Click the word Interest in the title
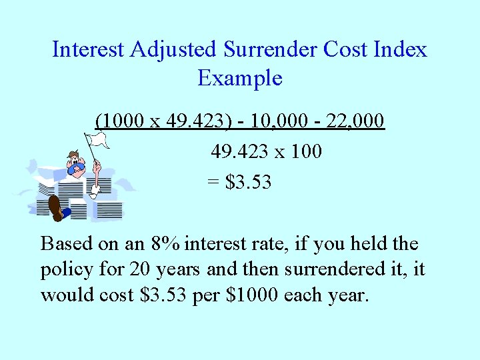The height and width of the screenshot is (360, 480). pyautogui.click(x=89, y=49)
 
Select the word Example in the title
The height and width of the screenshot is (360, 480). pyautogui.click(x=240, y=78)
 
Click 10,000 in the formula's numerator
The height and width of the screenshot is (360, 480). pyautogui.click(x=272, y=121)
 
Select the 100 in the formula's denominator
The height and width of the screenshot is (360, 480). pyautogui.click(x=307, y=151)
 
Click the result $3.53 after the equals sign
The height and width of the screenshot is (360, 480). pyautogui.click(x=249, y=181)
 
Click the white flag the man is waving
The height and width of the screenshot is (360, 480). pyautogui.click(x=99, y=141)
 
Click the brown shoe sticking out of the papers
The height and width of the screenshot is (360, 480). pyautogui.click(x=57, y=209)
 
